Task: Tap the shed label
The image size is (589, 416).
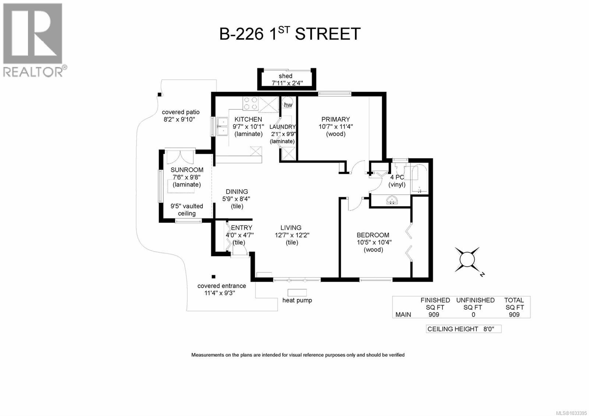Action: coord(286,76)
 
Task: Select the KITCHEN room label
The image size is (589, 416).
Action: coord(248,119)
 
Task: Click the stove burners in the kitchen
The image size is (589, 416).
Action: coord(251,103)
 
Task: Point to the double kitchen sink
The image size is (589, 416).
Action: coord(222,126)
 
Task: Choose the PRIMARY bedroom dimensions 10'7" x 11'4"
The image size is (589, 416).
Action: coord(336,127)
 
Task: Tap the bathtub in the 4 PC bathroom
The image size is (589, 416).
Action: coord(419,180)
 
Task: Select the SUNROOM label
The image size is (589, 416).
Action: coord(187,170)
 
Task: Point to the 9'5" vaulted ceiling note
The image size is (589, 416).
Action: coord(187,210)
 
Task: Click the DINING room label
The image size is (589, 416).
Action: coord(237,191)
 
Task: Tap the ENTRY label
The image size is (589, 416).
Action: coord(241,228)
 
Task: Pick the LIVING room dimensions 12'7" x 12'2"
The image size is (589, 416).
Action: coord(292,235)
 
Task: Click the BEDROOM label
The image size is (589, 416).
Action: coord(373,235)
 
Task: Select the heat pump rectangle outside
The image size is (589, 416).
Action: coord(297,293)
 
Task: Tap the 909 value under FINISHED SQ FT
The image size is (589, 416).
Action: coord(434,314)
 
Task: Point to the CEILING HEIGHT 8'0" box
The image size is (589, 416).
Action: coord(463,329)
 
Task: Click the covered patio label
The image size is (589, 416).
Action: coord(181,112)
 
